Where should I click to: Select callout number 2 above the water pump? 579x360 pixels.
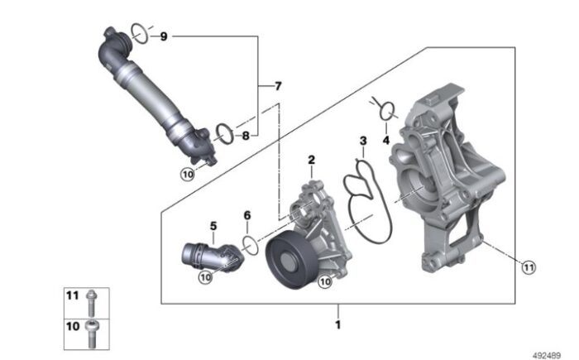(x=312, y=159)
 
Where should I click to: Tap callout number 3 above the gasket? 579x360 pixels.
(x=361, y=142)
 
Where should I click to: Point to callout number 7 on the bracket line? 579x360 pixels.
(x=278, y=86)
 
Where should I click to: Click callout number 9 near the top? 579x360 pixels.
(x=163, y=36)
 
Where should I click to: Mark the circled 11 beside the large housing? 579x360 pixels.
(x=527, y=265)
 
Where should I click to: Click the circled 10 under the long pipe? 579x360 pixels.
(x=188, y=175)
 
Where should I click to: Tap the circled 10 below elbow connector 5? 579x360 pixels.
(x=205, y=278)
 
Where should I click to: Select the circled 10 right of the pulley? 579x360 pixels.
(x=326, y=281)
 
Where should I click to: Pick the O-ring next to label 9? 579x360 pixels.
(x=140, y=33)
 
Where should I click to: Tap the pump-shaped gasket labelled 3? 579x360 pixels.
(x=364, y=203)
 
